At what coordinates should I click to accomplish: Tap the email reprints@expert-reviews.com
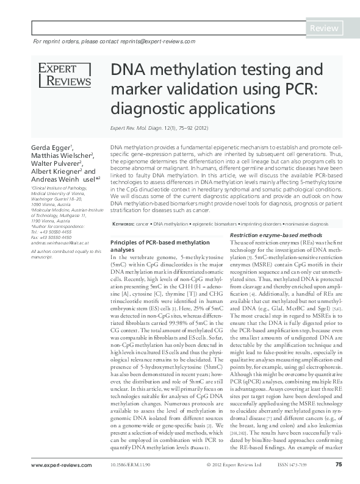[157, 41]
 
